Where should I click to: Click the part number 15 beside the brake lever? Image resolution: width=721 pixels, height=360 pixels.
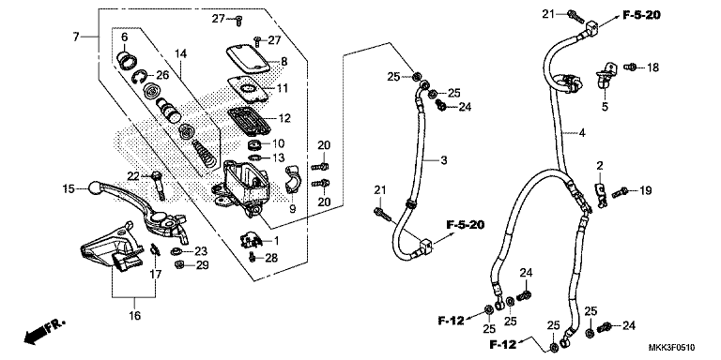pos(69,189)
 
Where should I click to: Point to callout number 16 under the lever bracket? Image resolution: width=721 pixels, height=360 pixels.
pos(134,316)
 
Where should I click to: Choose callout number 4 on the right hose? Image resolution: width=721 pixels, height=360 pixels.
pos(582,134)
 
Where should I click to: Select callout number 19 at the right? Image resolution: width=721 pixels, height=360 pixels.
pos(645,191)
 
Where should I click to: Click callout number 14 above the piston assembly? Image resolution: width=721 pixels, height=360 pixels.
pos(181,52)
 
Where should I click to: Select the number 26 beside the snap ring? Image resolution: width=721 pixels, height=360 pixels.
pos(161,75)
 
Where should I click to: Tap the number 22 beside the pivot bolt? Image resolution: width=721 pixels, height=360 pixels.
pos(132,176)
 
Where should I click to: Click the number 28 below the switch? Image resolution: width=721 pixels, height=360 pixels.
pos(271,257)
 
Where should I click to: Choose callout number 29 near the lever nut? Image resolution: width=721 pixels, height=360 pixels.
pos(202,266)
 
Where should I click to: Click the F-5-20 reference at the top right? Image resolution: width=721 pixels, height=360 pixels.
pos(641,16)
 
